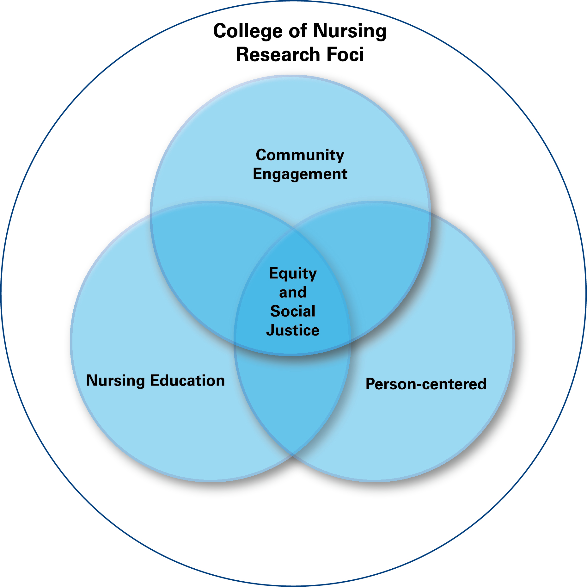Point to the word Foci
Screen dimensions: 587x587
click(x=345, y=54)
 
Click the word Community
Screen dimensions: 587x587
click(x=300, y=156)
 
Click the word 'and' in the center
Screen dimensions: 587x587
click(x=293, y=293)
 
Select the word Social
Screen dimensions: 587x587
click(x=293, y=311)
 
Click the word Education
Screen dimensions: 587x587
click(x=187, y=380)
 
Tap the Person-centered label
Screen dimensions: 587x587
click(x=426, y=384)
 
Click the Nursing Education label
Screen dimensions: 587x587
click(x=155, y=380)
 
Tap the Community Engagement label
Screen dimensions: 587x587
click(x=300, y=165)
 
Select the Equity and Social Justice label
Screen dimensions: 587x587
click(x=293, y=302)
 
